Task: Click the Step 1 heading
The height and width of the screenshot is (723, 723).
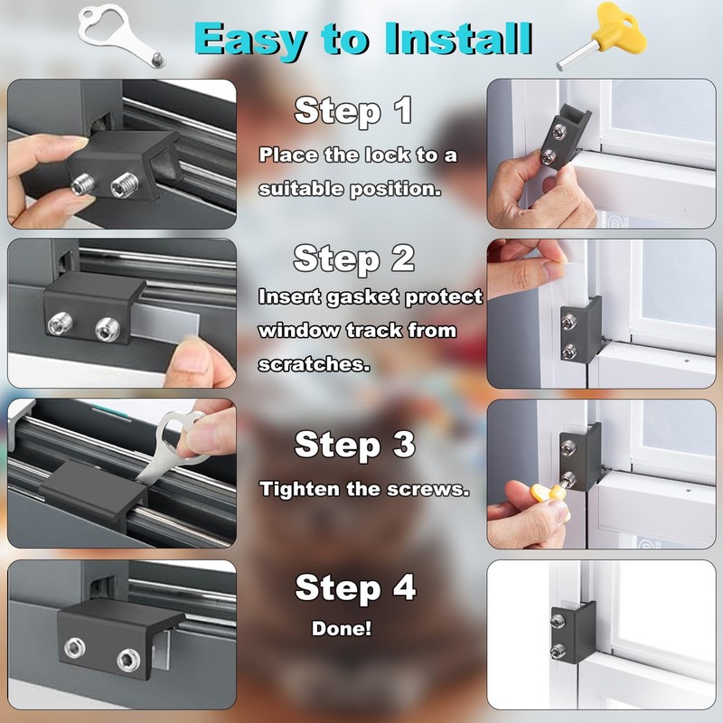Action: click(353, 110)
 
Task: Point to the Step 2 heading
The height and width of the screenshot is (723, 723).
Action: click(353, 258)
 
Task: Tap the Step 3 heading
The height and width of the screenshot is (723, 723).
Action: click(354, 445)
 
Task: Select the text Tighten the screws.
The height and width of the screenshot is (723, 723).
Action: click(364, 489)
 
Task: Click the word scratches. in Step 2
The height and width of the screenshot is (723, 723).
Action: click(304, 364)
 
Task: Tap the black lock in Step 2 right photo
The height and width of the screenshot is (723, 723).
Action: click(578, 330)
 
